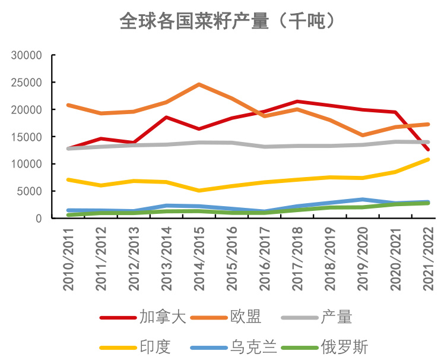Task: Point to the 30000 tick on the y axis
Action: pos(27,55)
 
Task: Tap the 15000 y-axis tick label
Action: pos(27,137)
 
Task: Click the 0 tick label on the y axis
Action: pos(39,219)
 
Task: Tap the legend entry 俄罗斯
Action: pos(344,346)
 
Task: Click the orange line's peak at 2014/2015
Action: pos(199,84)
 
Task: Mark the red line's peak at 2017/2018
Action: pos(297,102)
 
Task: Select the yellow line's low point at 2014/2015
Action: pos(199,191)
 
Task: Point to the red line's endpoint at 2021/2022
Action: pos(428,150)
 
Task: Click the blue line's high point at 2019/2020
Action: pos(363,200)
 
